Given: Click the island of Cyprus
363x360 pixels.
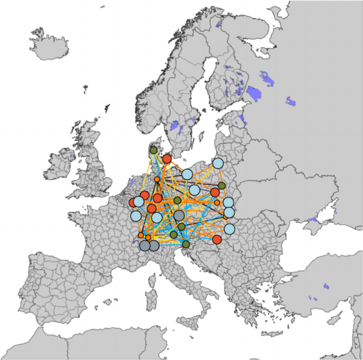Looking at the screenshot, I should coord(314,298).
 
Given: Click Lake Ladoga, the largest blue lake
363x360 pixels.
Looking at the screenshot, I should coord(254,94).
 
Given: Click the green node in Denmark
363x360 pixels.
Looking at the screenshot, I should coord(152,150).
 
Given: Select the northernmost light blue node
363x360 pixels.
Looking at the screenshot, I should coord(218,163).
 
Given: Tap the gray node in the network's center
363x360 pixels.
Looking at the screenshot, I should coord(179,216).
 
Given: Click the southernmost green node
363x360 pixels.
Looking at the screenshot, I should coord(186,245).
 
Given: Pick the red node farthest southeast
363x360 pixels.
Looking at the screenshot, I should coord(216,239).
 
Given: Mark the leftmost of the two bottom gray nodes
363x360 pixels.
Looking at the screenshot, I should coord(145,246).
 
